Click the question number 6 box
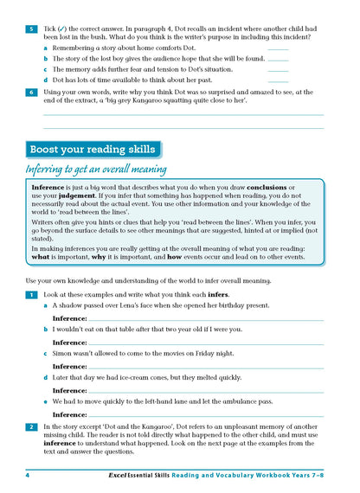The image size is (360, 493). [31, 91]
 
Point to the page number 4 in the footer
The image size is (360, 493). [28, 475]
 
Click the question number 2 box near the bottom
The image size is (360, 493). [31, 426]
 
